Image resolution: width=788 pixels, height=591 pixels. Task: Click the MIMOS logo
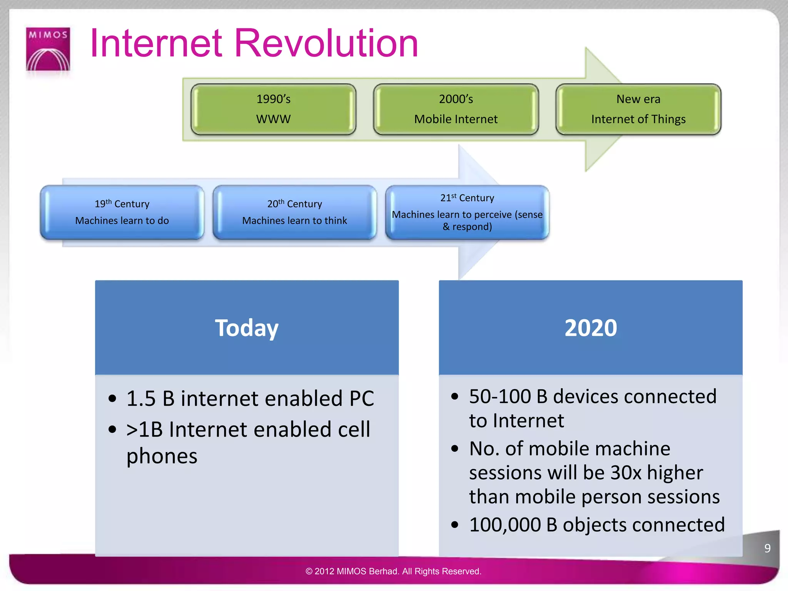click(x=48, y=49)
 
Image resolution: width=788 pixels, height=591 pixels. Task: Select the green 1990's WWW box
click(x=273, y=109)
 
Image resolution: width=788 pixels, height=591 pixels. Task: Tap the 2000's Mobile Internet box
click(x=456, y=109)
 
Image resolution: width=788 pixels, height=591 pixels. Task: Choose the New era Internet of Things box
click(x=638, y=109)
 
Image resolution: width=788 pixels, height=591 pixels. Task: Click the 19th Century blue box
click(x=122, y=212)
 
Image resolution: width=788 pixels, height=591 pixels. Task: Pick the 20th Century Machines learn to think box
click(x=294, y=212)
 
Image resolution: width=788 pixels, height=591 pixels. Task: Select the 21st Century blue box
click(x=467, y=212)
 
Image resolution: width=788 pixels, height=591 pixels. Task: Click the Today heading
click(x=247, y=328)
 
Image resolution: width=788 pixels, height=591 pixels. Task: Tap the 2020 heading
click(x=591, y=328)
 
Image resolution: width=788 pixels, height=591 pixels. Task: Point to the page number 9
click(x=767, y=548)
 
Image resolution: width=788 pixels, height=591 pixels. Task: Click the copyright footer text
click(x=393, y=571)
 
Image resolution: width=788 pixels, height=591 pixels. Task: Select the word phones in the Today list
click(x=162, y=456)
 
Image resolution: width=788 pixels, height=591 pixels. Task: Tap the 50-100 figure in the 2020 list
click(x=500, y=396)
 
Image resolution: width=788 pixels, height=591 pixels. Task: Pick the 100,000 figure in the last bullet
click(x=505, y=525)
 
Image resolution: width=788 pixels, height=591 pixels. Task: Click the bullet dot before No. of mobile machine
click(x=455, y=449)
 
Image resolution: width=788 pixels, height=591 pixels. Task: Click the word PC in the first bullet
click(x=361, y=399)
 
